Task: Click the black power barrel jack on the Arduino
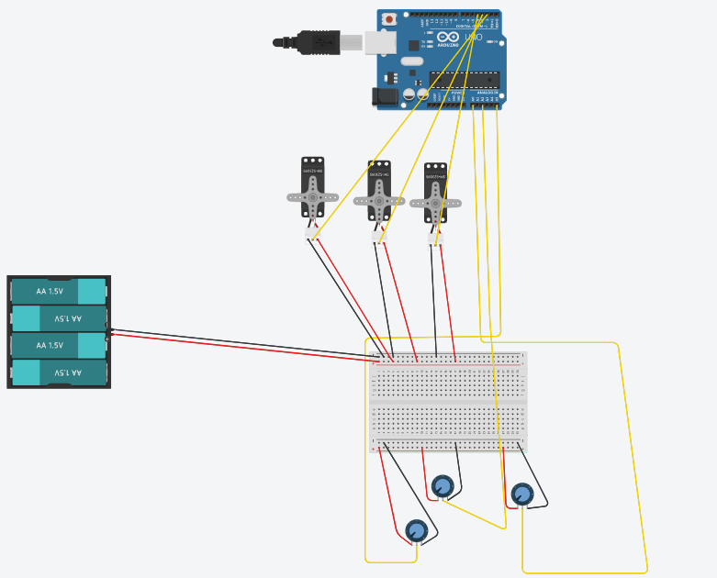[384, 94]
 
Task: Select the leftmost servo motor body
[312, 188]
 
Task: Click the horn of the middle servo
[377, 199]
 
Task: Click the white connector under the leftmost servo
[312, 237]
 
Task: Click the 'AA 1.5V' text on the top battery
[50, 291]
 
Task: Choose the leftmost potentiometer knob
[416, 530]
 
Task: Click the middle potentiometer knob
[443, 485]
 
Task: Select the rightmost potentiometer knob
[521, 494]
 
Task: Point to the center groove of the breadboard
[448, 403]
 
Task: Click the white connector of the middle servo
[378, 238]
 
